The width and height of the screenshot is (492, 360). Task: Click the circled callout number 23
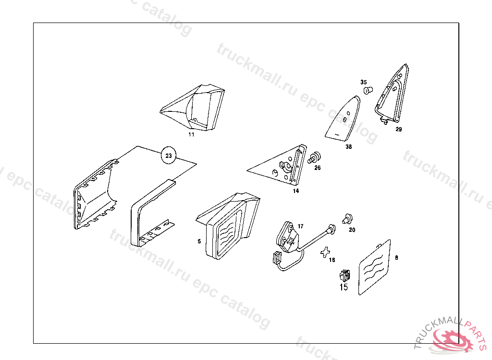click(x=168, y=156)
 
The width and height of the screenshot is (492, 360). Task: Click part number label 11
click(x=191, y=135)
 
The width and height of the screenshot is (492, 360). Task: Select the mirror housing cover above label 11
click(x=197, y=108)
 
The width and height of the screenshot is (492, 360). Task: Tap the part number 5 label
click(x=199, y=241)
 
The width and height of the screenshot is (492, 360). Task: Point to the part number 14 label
click(x=296, y=191)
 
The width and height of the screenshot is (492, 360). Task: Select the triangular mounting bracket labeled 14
click(x=283, y=166)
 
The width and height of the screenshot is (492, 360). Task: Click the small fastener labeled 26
click(x=315, y=157)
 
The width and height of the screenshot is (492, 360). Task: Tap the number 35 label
click(x=364, y=82)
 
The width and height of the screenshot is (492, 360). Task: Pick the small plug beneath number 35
click(x=368, y=90)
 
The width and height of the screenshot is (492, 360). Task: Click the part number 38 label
click(x=348, y=147)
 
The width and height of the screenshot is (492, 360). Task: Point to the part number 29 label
click(x=399, y=129)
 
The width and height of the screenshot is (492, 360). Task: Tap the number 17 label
click(x=301, y=226)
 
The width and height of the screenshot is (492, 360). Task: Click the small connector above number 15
click(x=344, y=276)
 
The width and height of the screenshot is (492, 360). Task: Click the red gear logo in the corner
click(x=452, y=340)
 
